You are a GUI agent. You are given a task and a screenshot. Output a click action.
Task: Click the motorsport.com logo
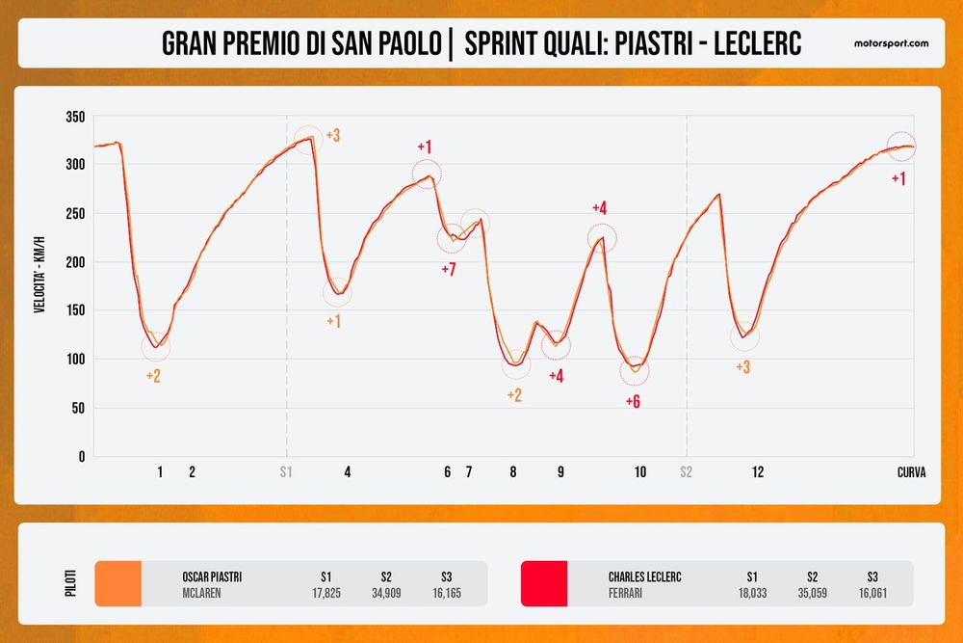(x=891, y=43)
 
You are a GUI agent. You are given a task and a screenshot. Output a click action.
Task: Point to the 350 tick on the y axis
(x=75, y=117)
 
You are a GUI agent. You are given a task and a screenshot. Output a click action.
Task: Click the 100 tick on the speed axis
(x=75, y=360)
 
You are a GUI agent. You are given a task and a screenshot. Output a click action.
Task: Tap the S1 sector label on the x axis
(x=286, y=472)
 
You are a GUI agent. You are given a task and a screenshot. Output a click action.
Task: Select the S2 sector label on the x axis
(x=686, y=472)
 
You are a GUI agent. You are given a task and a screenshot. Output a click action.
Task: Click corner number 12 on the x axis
(x=758, y=472)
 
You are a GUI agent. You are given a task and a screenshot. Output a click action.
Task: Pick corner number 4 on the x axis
(x=347, y=472)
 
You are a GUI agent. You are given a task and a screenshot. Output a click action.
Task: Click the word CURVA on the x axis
(x=911, y=472)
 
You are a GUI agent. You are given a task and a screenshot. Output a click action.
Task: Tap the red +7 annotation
(x=448, y=270)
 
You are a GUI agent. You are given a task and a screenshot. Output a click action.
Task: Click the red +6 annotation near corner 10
(x=633, y=401)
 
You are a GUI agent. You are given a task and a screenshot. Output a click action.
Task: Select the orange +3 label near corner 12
(x=742, y=367)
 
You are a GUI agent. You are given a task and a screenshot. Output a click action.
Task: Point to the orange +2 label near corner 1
(x=153, y=375)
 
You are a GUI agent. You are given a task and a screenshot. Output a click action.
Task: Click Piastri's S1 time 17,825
(x=325, y=593)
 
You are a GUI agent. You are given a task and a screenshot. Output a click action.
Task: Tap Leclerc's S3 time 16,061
(x=873, y=593)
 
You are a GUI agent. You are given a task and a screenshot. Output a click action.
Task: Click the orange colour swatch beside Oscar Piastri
(x=117, y=584)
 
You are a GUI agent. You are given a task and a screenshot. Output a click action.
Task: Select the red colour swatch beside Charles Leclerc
(x=544, y=584)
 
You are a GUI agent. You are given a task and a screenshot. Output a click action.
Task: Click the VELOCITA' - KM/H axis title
(x=39, y=286)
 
